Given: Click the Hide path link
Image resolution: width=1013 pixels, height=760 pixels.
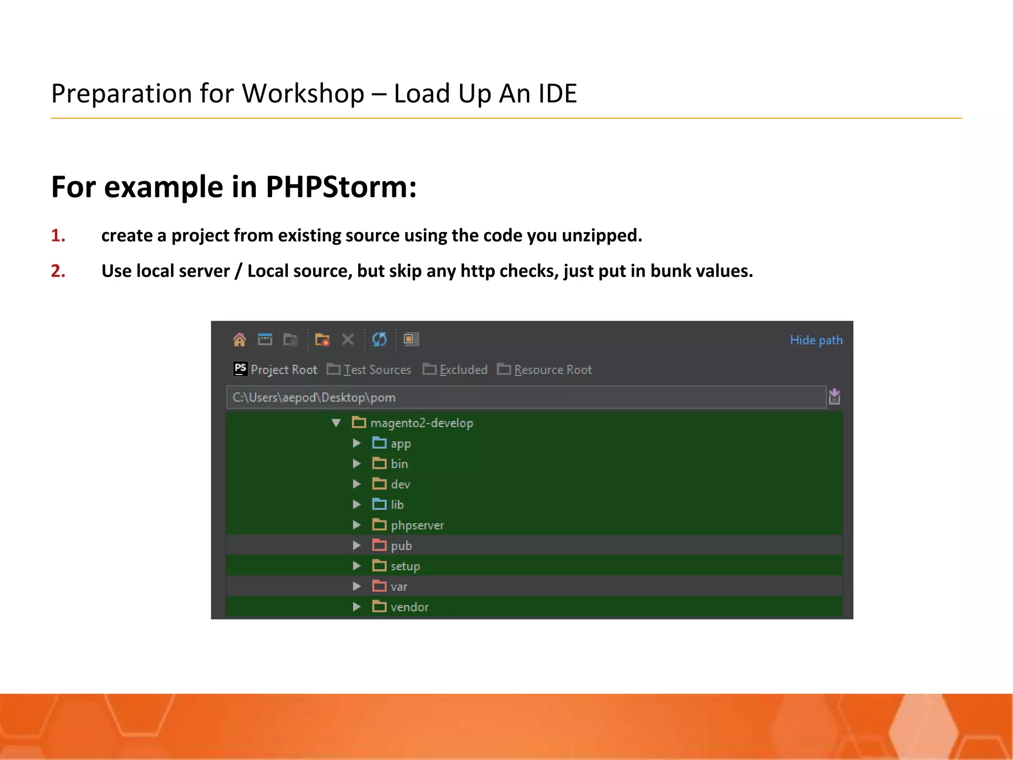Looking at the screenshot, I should (816, 340).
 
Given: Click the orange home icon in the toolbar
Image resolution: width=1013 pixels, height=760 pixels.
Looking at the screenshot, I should (239, 339).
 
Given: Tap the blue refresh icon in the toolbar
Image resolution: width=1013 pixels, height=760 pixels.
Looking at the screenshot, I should (379, 339).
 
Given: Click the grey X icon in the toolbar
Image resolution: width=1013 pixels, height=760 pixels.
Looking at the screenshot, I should (348, 339).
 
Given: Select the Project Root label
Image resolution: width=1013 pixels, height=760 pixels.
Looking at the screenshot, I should (283, 370).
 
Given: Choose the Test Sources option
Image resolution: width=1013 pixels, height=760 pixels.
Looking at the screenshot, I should (377, 370).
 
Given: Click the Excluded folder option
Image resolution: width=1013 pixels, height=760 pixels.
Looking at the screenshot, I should (463, 370).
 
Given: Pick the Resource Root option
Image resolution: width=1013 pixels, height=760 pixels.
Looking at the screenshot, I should (553, 370).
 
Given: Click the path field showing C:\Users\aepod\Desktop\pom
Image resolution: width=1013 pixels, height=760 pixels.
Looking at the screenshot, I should (524, 397).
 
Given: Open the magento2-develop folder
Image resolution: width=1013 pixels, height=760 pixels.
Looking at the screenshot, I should (421, 423).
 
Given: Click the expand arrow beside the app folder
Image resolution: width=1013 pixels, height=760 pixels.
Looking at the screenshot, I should (357, 443).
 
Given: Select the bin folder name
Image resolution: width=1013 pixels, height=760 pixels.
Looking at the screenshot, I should (399, 464).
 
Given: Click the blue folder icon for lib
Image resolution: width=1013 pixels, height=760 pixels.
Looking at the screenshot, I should (379, 505).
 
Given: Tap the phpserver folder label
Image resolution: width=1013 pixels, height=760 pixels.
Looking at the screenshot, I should (417, 525).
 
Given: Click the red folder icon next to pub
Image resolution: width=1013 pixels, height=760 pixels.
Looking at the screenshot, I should (379, 546).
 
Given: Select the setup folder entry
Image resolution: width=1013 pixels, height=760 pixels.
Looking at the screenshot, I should (405, 566).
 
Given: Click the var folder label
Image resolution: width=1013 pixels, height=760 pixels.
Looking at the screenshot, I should (399, 587).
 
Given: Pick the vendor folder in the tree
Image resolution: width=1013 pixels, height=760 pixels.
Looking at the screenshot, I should (409, 607).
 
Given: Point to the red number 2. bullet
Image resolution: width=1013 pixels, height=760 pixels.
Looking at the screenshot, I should (58, 271).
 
